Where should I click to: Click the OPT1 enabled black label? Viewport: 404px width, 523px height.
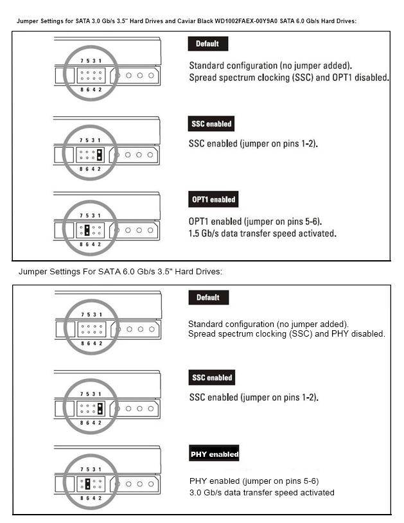(213, 199)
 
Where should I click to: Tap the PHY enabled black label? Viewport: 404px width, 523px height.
(214, 454)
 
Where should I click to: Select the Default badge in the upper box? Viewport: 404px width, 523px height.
(208, 44)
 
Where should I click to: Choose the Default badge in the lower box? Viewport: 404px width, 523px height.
(209, 297)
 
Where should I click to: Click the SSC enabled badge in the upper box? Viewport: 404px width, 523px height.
(211, 124)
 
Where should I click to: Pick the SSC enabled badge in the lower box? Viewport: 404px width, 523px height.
(212, 378)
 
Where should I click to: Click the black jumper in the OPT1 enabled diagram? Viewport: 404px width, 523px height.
(87, 230)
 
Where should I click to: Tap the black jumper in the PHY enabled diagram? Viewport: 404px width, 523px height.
(87, 484)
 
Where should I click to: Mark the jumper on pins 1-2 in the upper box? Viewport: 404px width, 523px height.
(100, 154)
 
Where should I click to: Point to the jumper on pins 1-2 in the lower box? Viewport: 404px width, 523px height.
(100, 408)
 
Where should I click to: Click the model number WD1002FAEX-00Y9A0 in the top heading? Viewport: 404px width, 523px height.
(246, 21)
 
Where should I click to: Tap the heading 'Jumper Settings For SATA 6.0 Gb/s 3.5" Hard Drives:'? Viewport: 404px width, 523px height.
(120, 272)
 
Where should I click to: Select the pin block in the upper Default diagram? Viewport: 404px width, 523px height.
(91, 75)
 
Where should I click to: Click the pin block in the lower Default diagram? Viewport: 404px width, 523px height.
(92, 329)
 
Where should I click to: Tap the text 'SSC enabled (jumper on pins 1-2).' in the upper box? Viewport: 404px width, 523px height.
(253, 144)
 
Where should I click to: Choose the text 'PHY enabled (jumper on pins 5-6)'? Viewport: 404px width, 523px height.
(254, 481)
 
